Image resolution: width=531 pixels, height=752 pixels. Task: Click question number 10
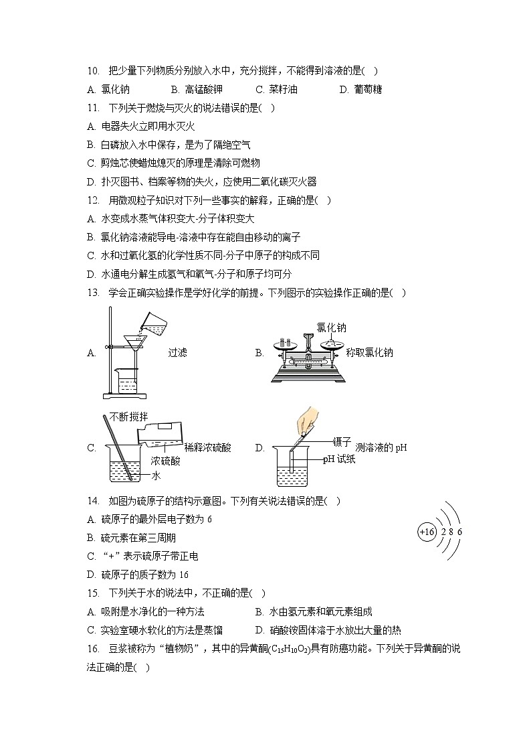[x=93, y=70]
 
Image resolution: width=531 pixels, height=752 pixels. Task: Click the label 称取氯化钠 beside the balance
[x=369, y=353]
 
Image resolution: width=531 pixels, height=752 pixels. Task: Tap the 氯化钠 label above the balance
[x=331, y=328]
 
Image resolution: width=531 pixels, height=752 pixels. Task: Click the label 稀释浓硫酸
[x=207, y=448]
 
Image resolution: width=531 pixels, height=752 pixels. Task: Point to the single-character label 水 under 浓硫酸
[x=156, y=476]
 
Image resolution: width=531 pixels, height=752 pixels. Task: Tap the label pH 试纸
[x=339, y=459]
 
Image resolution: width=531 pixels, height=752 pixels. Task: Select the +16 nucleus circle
[x=426, y=532]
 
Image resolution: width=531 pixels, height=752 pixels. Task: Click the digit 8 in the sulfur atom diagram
[x=451, y=532]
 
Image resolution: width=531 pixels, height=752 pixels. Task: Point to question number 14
[x=93, y=501]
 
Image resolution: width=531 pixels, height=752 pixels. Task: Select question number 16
[x=93, y=648]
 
